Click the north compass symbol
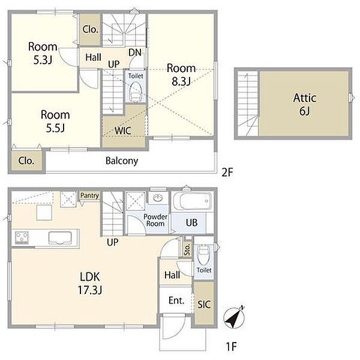234,317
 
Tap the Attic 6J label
305,104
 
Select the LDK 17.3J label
90,283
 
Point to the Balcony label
122,161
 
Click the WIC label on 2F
123,131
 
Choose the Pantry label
89,196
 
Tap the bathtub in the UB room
192,201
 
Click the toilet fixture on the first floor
203,255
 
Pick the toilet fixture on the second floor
136,92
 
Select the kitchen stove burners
22,238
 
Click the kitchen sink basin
60,238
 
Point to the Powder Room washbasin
158,198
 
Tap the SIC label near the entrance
204,304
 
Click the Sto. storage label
187,250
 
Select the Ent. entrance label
176,301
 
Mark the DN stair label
135,53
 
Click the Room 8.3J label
181,74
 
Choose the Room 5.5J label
55,121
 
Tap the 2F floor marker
227,172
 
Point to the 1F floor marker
231,346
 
